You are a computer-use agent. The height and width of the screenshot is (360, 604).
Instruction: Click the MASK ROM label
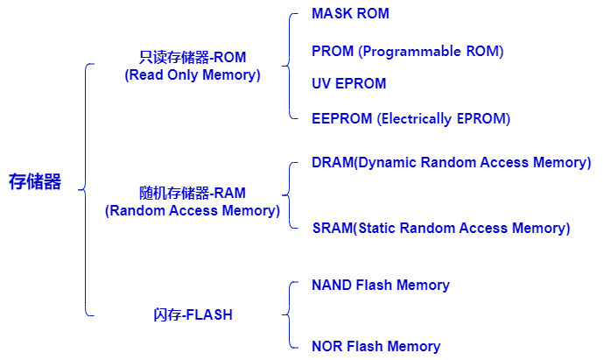[350, 15]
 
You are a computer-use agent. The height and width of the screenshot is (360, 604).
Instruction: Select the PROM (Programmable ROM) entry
[407, 52]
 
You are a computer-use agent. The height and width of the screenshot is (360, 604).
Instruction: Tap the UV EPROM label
[348, 84]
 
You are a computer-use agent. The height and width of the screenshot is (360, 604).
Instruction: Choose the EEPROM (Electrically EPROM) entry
[411, 119]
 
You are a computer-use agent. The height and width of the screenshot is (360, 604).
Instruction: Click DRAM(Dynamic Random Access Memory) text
[451, 163]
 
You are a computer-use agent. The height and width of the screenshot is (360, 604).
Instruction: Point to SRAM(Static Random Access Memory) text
[441, 229]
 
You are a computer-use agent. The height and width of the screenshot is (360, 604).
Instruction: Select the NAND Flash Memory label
[380, 286]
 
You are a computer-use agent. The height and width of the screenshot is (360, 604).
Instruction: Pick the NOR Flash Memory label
[376, 347]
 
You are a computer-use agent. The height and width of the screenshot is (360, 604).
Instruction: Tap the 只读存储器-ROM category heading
[193, 58]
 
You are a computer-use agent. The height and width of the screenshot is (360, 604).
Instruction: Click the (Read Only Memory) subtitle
[193, 75]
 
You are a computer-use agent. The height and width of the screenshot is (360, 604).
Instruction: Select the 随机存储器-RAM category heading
[193, 193]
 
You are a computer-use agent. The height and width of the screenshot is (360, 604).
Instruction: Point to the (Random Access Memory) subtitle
[193, 211]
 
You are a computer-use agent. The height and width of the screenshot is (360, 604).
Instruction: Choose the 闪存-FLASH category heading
[193, 315]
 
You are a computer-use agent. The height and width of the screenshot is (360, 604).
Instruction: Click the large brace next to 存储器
[85, 188]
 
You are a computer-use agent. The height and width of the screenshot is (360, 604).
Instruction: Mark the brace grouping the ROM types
[290, 65]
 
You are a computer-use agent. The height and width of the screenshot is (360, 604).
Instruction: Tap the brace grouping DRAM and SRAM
[290, 194]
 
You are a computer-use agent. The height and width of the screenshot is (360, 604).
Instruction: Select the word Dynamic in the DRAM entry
[387, 163]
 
